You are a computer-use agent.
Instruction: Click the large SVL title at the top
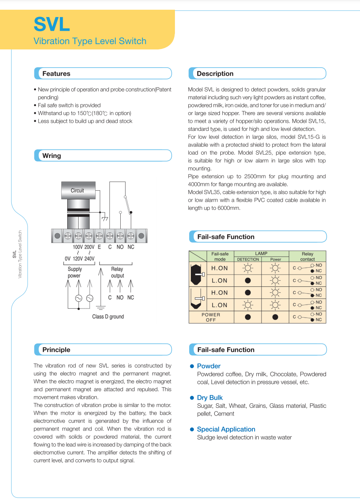(x=51, y=24)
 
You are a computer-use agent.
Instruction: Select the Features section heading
(x=56, y=74)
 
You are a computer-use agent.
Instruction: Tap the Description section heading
(x=215, y=74)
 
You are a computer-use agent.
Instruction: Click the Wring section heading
(x=52, y=156)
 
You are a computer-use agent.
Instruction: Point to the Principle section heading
(x=56, y=350)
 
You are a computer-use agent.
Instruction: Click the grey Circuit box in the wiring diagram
(x=77, y=190)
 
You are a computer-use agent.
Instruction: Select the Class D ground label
(x=108, y=317)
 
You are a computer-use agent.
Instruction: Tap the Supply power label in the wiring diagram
(x=75, y=272)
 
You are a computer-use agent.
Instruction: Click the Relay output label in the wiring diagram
(x=117, y=272)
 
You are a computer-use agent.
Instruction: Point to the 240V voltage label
(x=89, y=259)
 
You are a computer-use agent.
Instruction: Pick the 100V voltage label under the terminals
(x=78, y=247)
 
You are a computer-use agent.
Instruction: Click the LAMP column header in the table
(x=261, y=254)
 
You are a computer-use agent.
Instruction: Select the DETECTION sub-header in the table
(x=248, y=259)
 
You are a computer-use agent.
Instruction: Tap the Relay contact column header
(x=307, y=256)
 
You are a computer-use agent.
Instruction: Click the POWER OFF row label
(x=211, y=317)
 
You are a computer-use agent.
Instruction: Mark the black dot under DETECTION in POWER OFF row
(x=248, y=317)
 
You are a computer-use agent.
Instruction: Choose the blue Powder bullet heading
(x=209, y=366)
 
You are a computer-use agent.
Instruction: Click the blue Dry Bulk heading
(x=210, y=398)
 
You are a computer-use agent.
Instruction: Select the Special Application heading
(x=226, y=429)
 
